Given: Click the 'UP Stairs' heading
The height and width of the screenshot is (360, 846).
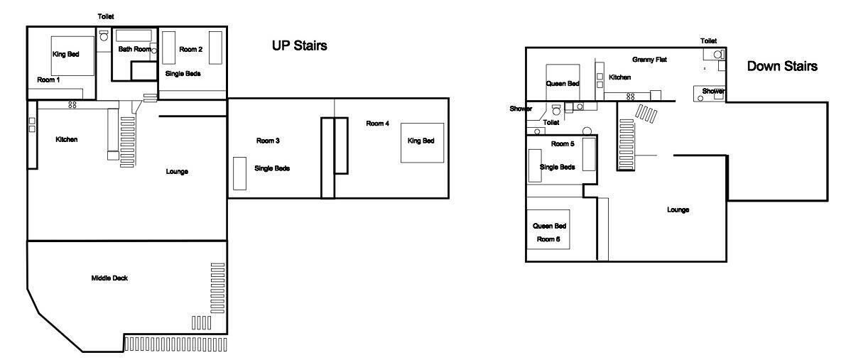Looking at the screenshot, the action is [300, 46].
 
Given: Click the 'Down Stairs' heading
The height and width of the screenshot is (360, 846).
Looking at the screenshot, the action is [782, 66].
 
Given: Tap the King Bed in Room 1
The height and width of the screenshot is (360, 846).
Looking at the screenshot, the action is [74, 55].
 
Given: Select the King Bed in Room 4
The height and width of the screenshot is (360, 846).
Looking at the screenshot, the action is [422, 143].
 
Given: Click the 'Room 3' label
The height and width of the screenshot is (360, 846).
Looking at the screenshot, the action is [268, 141].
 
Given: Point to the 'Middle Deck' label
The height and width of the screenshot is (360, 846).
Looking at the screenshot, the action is [109, 278].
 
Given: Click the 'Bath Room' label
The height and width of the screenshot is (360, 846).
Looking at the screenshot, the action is [134, 49].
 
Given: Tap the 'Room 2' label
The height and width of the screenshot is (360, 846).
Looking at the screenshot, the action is [191, 49].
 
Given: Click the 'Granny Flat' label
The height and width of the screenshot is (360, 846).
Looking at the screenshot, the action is [650, 60].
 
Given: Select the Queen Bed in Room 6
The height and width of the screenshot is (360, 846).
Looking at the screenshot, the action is [548, 229].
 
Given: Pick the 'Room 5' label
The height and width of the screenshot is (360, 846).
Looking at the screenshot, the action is [563, 144].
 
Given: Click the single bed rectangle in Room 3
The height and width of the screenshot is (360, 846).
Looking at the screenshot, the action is [239, 173].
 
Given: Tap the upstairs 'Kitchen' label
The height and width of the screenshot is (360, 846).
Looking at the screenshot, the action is [66, 140].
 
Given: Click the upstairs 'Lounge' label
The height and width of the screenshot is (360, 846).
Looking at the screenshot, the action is [177, 172].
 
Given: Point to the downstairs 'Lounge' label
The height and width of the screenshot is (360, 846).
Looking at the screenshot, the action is [678, 210].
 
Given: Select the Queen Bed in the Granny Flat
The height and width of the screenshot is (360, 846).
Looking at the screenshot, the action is [563, 82].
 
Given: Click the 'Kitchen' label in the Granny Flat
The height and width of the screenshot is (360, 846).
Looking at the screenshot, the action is [620, 77].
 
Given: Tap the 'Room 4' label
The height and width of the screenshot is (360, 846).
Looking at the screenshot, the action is [378, 124].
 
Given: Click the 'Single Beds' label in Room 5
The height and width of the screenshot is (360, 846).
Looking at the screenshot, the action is [558, 168].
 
